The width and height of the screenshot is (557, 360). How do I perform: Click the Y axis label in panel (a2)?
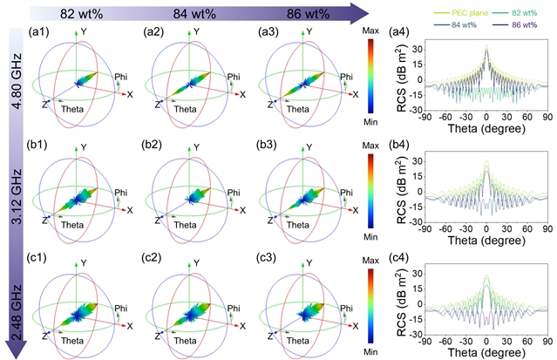(x=204, y=31)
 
